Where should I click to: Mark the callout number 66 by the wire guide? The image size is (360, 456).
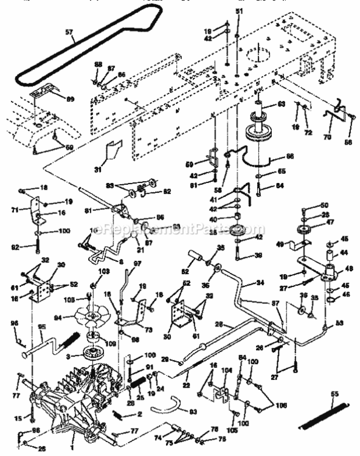289,156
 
